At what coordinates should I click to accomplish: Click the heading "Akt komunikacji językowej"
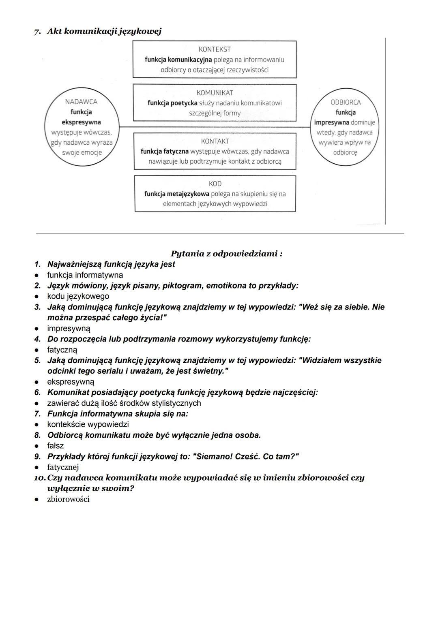(x=104, y=31)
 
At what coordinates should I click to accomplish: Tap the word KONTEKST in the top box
(x=215, y=49)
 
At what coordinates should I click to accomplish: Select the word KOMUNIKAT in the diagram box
(x=215, y=93)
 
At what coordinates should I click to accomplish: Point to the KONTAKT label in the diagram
(x=215, y=141)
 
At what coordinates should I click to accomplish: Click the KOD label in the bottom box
(x=215, y=184)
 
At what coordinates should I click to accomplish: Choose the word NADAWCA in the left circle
(x=81, y=102)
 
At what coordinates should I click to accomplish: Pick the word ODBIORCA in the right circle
(x=346, y=103)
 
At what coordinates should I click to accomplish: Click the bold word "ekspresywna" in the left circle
(x=81, y=122)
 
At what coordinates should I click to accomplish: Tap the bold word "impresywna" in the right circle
(x=332, y=122)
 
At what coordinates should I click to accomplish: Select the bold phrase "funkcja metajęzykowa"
(x=176, y=194)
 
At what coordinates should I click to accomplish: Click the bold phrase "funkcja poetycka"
(x=172, y=103)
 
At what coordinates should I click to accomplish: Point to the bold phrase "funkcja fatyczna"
(x=165, y=152)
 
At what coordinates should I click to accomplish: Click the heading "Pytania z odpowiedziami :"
(x=227, y=254)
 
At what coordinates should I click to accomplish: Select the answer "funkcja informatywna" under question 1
(x=85, y=275)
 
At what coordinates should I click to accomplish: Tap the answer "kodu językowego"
(x=78, y=296)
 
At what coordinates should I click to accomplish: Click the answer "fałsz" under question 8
(x=56, y=446)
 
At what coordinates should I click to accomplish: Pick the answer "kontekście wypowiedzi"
(x=88, y=424)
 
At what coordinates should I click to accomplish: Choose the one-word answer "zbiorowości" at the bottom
(x=68, y=499)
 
